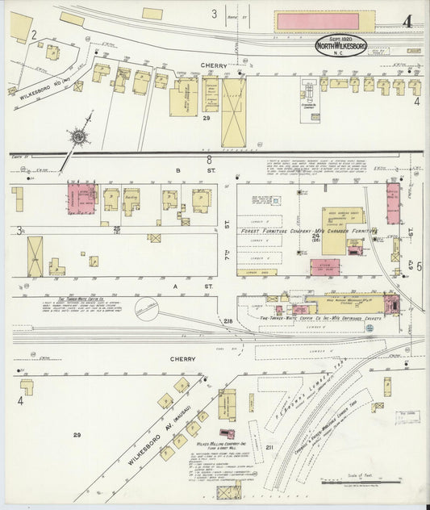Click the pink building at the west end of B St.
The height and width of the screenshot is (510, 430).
81,199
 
